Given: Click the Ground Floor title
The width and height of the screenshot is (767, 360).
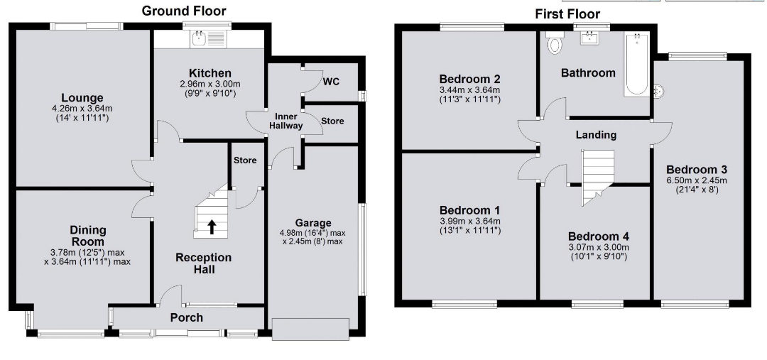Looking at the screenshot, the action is [x=184, y=11].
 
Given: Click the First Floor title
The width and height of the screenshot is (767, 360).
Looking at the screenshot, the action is [x=567, y=14].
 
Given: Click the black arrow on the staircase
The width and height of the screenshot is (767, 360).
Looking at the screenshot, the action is [x=212, y=227].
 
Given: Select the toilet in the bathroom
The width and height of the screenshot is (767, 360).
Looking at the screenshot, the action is [x=555, y=43].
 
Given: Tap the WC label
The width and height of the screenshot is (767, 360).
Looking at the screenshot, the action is [x=331, y=81].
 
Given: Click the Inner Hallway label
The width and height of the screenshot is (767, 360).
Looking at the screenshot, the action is [x=289, y=121].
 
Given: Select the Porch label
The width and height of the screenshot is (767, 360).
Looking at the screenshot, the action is [x=186, y=318].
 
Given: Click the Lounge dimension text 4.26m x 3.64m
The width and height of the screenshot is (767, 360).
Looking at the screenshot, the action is [x=82, y=109].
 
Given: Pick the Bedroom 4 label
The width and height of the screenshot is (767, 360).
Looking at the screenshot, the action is [x=599, y=237].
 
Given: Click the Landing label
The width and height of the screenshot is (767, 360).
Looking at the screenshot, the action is [x=596, y=134].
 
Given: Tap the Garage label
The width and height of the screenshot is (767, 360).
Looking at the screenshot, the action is [x=313, y=223].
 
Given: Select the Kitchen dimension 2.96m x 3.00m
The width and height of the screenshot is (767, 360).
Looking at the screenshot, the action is [x=210, y=84].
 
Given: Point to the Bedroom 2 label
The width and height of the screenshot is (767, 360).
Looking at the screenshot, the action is [x=469, y=80].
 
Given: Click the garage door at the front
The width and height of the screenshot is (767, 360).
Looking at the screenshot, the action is [x=311, y=329].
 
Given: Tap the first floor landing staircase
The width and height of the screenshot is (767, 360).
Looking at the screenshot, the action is [x=597, y=177].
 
